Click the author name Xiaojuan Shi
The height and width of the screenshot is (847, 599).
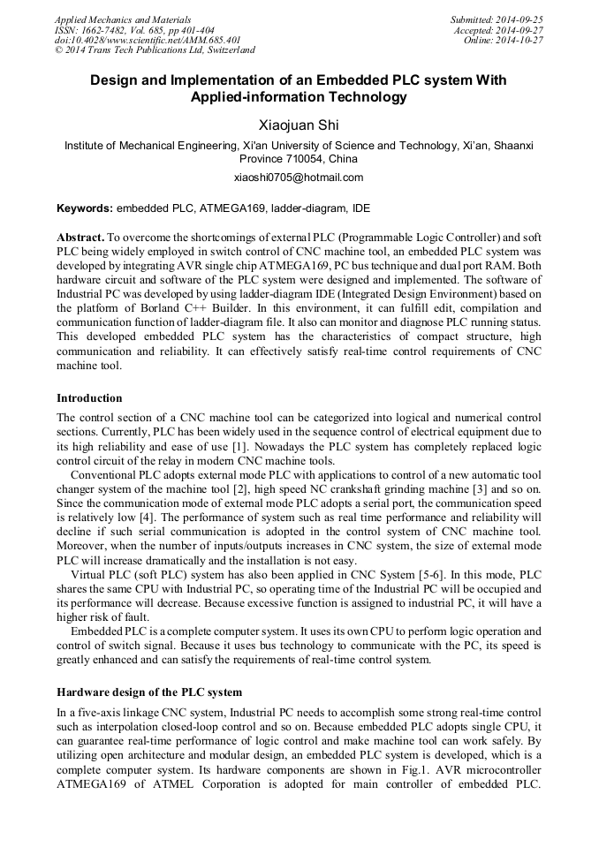299,126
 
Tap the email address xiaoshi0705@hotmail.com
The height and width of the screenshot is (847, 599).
299,178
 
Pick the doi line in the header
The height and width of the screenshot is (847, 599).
148,41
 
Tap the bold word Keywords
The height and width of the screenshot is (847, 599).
85,209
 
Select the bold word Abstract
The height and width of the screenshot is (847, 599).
81,238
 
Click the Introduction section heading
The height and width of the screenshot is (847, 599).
89,398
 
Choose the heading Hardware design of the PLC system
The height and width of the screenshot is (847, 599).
149,692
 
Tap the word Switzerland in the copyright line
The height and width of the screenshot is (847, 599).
226,51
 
